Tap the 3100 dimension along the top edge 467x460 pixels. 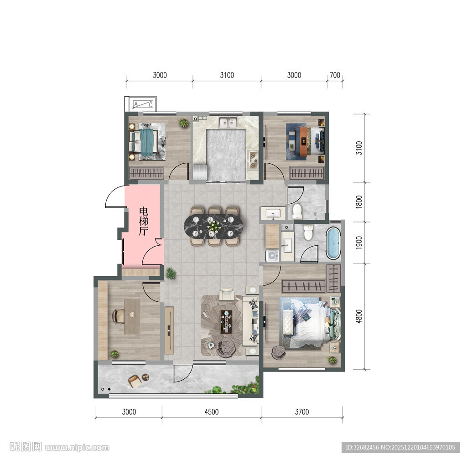(x=227, y=75)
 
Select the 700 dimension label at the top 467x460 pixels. (x=335, y=75)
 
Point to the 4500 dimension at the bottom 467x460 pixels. (x=212, y=412)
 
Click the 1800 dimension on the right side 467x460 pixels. (x=359, y=202)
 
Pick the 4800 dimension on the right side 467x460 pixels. (x=359, y=316)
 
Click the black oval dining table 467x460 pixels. (x=213, y=226)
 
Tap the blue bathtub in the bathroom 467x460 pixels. (x=333, y=243)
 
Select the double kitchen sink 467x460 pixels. (x=228, y=122)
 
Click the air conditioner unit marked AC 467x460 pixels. (x=143, y=104)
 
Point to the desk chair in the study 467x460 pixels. (x=118, y=316)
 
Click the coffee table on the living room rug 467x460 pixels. (x=226, y=321)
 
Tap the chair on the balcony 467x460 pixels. (x=135, y=382)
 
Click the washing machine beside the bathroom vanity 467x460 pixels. (x=272, y=255)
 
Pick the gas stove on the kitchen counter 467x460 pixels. (x=253, y=160)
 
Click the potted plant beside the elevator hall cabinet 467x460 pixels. (x=171, y=274)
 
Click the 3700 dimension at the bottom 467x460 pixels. (x=302, y=412)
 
